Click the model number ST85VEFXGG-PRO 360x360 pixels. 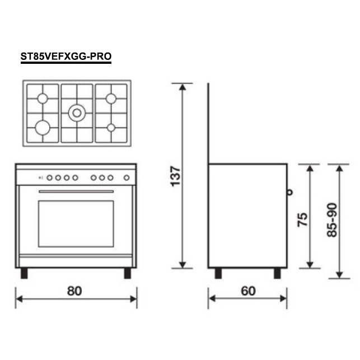(66, 56)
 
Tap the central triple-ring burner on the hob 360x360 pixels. (77, 113)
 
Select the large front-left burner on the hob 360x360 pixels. (43, 128)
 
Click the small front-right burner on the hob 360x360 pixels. (111, 128)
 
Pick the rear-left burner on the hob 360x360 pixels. (43, 99)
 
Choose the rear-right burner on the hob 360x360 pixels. (111, 99)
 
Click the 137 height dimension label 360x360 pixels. (176, 176)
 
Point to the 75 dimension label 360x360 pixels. (302, 219)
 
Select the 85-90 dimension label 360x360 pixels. (332, 220)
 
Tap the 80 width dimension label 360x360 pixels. (74, 291)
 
